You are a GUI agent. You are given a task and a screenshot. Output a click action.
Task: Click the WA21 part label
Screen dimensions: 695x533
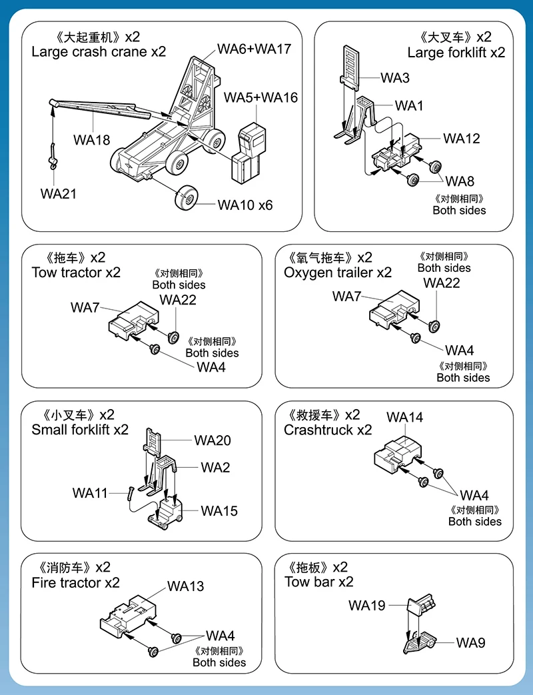pyautogui.click(x=58, y=194)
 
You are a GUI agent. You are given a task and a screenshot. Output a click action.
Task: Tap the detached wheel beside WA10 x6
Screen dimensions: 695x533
pyautogui.click(x=186, y=199)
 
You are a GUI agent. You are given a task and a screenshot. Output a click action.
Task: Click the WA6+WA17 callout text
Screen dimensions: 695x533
pyautogui.click(x=254, y=49)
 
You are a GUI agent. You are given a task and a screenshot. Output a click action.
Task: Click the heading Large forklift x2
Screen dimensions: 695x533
pyautogui.click(x=456, y=53)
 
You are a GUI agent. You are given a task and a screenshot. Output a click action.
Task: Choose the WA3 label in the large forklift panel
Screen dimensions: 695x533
pyautogui.click(x=395, y=78)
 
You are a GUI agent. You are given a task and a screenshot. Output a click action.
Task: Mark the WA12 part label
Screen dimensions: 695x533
pyautogui.click(x=461, y=139)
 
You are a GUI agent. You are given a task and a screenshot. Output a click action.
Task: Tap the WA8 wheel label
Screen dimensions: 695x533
pyautogui.click(x=460, y=181)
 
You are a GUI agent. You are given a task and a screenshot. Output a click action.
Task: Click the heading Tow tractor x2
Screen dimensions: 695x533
pyautogui.click(x=76, y=272)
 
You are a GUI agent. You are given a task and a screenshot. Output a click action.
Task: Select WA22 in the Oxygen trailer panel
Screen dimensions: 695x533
pyautogui.click(x=442, y=283)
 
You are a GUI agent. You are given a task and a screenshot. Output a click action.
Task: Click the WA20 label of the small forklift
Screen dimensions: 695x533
pyautogui.click(x=213, y=440)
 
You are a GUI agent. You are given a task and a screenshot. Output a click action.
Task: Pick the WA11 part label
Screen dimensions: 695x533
pyautogui.click(x=90, y=493)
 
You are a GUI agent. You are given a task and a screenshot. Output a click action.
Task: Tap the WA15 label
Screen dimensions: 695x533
pyautogui.click(x=219, y=511)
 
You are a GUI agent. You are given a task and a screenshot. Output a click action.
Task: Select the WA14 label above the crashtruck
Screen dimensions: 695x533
pyautogui.click(x=404, y=418)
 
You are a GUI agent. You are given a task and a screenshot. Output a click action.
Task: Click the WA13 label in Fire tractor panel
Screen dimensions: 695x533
pyautogui.click(x=185, y=586)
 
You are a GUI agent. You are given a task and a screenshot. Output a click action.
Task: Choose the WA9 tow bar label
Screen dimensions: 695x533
pyautogui.click(x=470, y=642)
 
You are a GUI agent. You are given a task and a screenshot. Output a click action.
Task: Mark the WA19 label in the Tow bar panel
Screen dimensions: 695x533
pyautogui.click(x=366, y=605)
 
